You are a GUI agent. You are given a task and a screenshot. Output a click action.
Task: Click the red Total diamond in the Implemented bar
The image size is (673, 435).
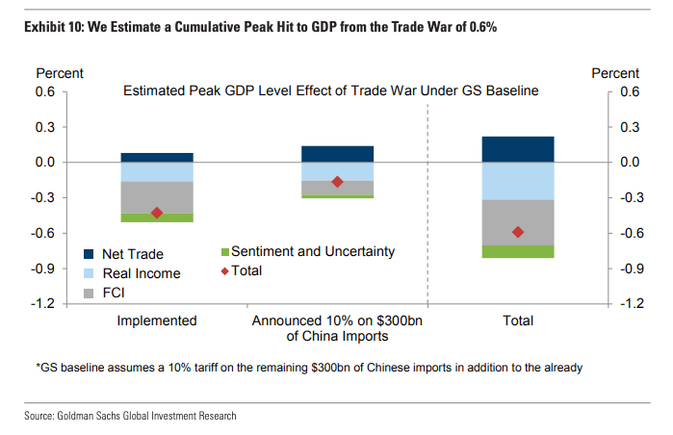click(157, 213)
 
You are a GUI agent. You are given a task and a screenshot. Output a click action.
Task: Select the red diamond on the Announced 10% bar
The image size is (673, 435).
click(337, 182)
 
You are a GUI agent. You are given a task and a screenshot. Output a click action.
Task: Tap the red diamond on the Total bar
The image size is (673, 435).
click(518, 232)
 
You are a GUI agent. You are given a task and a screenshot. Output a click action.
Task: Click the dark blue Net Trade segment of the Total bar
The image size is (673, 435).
click(518, 149)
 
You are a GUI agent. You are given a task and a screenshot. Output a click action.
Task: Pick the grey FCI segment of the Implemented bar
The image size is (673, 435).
click(157, 197)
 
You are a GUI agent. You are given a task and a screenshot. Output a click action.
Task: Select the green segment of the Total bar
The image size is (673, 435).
click(518, 251)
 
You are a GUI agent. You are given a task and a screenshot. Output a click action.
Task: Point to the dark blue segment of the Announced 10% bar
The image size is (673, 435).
click(337, 154)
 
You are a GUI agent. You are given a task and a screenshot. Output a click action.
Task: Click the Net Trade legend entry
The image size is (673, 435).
click(131, 255)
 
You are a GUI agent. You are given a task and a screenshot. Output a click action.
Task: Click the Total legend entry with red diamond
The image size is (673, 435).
click(246, 271)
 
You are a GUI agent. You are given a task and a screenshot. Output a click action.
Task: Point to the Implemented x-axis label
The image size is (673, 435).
click(157, 320)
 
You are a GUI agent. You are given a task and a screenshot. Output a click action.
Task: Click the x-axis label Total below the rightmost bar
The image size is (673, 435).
click(517, 320)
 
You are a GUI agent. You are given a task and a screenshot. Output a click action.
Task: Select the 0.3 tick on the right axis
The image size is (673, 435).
click(631, 127)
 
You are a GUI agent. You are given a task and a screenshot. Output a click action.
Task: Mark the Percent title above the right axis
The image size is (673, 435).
click(615, 73)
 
